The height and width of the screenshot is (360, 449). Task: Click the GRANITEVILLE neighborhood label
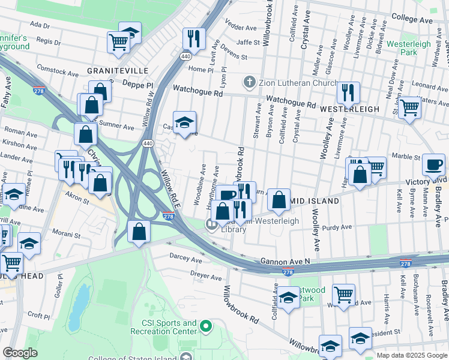118,70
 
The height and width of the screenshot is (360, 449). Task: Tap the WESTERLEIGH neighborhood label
349,109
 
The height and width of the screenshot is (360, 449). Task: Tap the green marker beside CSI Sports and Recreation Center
206,327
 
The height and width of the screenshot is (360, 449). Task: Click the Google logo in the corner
20,353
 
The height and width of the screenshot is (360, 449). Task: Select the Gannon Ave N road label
285,262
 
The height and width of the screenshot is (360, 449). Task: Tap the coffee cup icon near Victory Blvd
433,164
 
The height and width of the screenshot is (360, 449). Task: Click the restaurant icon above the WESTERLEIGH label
348,92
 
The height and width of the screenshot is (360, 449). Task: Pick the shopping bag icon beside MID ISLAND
279,200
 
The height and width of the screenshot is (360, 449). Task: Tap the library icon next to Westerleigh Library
211,225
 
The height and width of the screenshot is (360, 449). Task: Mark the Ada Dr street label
39,25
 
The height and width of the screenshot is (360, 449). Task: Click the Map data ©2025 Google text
411,355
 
